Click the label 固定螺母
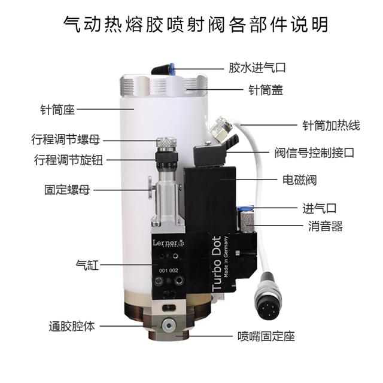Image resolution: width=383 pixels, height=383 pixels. tap(67, 190)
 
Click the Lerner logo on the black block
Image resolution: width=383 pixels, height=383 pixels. tap(168, 244)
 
